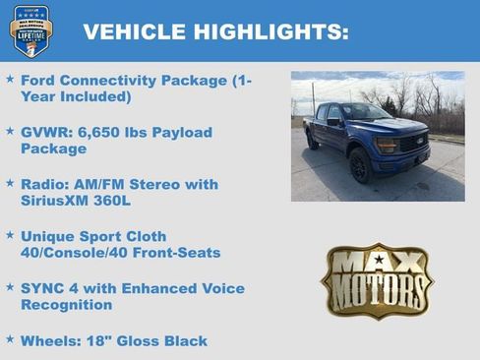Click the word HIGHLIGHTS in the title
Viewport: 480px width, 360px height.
tap(268, 32)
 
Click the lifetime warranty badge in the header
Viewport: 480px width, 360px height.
tap(30, 30)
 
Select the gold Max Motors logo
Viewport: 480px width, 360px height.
tap(377, 280)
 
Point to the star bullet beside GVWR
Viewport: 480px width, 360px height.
tap(10, 131)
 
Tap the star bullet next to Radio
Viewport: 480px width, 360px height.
tap(10, 183)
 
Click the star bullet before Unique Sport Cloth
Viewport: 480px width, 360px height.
tap(10, 236)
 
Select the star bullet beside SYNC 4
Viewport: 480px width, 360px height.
tap(10, 288)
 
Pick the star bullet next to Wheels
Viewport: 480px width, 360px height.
tap(10, 340)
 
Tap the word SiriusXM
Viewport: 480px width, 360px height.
tap(60, 201)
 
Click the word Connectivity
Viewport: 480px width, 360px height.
tap(112, 80)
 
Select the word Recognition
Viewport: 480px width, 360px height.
tap(67, 306)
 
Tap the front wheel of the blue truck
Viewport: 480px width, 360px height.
tap(359, 164)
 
